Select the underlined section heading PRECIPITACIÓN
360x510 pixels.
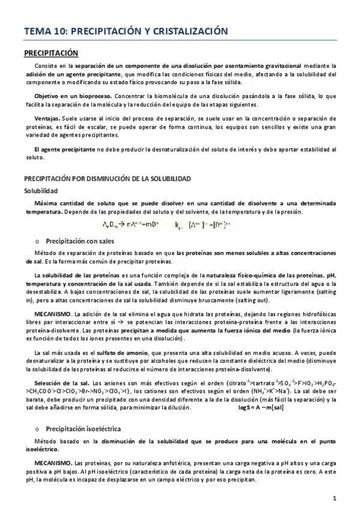[51, 52]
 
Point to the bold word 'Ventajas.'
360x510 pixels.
[46, 118]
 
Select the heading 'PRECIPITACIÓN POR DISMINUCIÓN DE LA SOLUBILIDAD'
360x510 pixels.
[107, 179]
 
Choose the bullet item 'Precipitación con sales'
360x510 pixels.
[80, 241]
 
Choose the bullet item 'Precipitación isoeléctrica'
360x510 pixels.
[84, 429]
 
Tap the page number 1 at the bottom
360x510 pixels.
[335, 498]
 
